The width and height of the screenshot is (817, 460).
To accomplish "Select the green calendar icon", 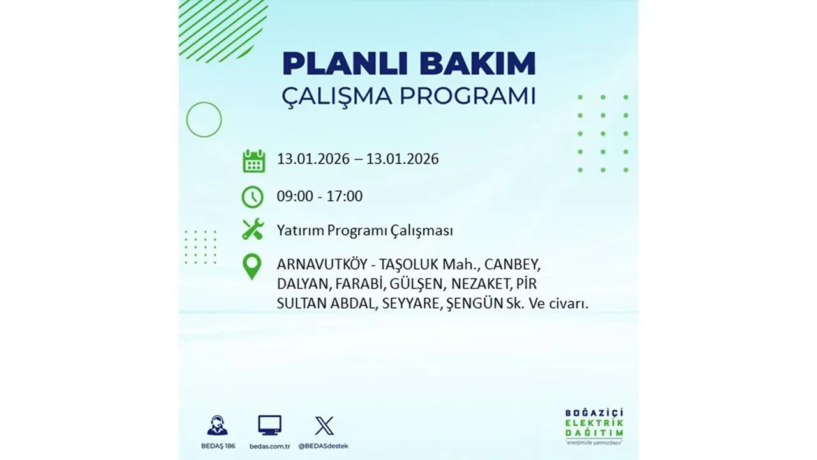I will coord(253,161).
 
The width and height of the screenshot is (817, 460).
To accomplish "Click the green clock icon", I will coord(253,197).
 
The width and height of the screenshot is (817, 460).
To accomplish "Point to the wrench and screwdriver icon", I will coord(253,229).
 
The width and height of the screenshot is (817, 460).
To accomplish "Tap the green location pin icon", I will coord(253,267).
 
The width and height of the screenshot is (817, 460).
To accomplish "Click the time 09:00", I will coord(295,196).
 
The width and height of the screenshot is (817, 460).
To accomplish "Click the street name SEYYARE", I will coord(410,304).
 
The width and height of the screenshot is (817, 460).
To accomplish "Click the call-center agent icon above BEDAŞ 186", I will coord(217,425).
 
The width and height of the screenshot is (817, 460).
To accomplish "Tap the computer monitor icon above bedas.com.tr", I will coord(269,425).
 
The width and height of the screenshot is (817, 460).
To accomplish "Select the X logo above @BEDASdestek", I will coord(324,425).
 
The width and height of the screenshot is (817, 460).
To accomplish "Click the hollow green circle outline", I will coord(204,119).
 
